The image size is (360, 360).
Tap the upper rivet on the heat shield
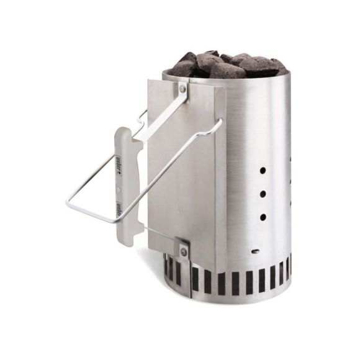pyautogui.click(x=182, y=89)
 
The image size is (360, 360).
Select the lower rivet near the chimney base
pyautogui.click(x=183, y=251)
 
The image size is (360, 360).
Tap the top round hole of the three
pyautogui.click(x=263, y=169)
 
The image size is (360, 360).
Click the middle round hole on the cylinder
pyautogui.click(x=263, y=194)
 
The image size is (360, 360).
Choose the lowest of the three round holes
pyautogui.click(x=263, y=217)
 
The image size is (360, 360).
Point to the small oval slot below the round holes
pyautogui.click(x=256, y=251)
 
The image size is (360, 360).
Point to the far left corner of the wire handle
pyautogui.click(x=68, y=202)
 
